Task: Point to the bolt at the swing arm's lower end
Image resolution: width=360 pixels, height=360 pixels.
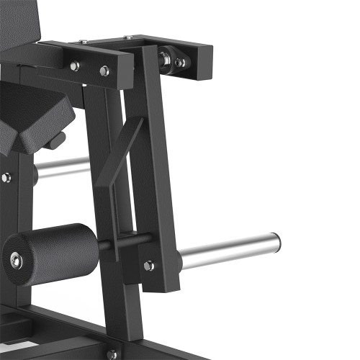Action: [x=148, y=266]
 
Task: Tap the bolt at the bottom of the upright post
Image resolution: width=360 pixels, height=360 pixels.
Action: [x=111, y=354]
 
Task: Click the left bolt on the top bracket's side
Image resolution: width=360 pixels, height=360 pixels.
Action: [x=75, y=66]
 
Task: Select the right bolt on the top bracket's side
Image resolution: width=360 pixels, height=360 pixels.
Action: [x=104, y=71]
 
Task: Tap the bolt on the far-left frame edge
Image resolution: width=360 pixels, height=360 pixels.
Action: [x=6, y=177]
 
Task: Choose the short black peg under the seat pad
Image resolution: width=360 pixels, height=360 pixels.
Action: [x=53, y=140]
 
